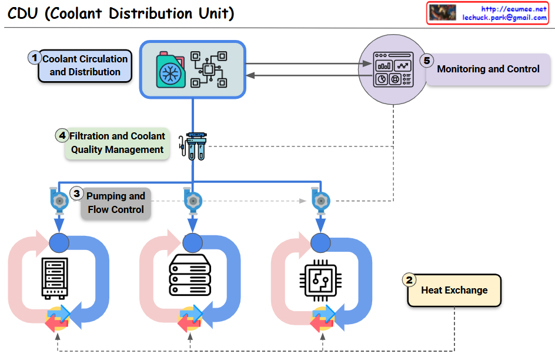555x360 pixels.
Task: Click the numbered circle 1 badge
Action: point(35,58)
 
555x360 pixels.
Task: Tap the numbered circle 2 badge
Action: point(410,280)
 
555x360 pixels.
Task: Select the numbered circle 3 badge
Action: point(76,193)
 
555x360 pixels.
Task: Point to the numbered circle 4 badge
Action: point(62,135)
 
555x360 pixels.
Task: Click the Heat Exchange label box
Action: point(454,291)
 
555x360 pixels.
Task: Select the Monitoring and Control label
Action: point(488,69)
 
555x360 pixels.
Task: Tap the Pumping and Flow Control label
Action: point(116,203)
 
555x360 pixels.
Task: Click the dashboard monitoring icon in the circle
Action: point(393,70)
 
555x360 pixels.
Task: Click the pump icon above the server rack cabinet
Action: point(58,200)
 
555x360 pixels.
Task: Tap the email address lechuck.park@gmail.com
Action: point(504,18)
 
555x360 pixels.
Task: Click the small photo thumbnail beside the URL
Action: point(443,13)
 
